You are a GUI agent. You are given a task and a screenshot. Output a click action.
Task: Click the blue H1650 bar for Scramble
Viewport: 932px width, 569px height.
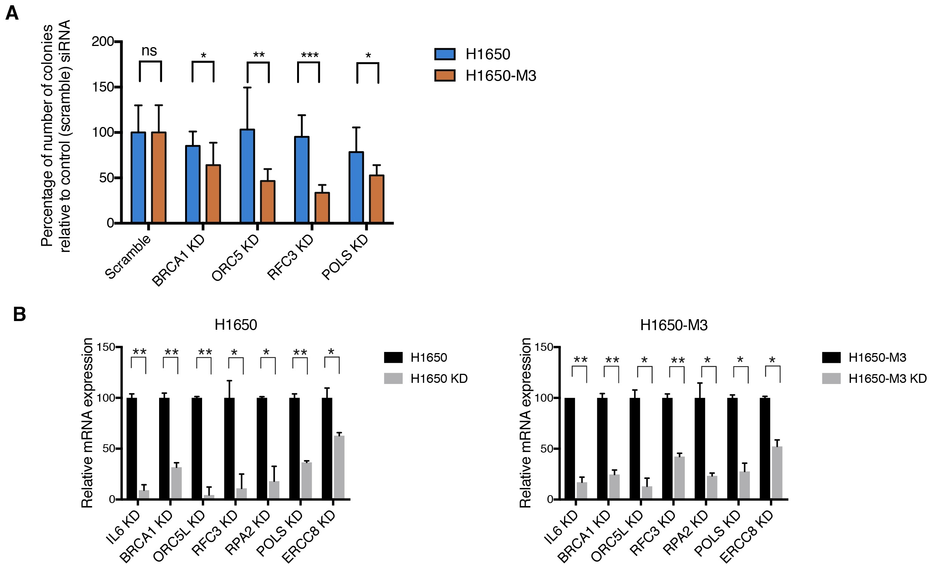pyautogui.click(x=138, y=177)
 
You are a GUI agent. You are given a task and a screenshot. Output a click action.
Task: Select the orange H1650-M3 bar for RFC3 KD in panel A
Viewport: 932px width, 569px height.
pyautogui.click(x=322, y=208)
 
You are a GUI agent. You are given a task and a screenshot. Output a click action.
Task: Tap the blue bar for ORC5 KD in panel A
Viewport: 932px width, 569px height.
pyautogui.click(x=247, y=176)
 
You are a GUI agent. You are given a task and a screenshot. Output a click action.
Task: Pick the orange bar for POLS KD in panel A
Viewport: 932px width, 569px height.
pyautogui.click(x=376, y=199)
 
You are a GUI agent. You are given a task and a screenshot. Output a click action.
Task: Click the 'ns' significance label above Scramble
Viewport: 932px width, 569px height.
pyautogui.click(x=149, y=51)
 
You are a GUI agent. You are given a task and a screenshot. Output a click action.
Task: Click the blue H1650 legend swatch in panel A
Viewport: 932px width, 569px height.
pyautogui.click(x=445, y=54)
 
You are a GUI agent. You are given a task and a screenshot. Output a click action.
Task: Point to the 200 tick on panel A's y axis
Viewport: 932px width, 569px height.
pyautogui.click(x=103, y=41)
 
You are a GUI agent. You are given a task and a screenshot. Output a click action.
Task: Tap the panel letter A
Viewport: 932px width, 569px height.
pyautogui.click(x=12, y=14)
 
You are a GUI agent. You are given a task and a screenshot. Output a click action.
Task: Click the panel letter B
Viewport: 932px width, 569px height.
pyautogui.click(x=19, y=314)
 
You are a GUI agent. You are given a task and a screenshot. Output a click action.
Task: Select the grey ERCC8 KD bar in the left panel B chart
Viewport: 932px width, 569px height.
pyautogui.click(x=339, y=467)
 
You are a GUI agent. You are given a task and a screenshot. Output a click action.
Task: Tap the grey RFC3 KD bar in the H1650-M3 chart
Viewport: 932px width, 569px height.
pyautogui.click(x=679, y=478)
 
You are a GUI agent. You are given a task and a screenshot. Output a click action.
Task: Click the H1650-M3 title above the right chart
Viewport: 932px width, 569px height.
pyautogui.click(x=674, y=325)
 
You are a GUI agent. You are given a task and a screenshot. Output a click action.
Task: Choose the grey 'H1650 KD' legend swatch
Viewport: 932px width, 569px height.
pyautogui.click(x=393, y=378)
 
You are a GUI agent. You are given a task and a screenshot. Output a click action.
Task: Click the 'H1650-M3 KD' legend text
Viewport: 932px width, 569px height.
pyautogui.click(x=888, y=378)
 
